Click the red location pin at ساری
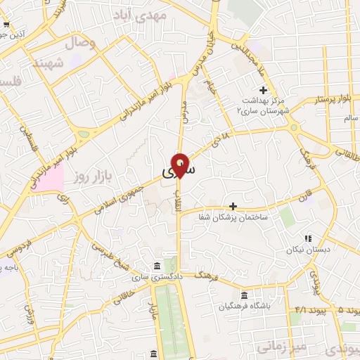click(x=181, y=164)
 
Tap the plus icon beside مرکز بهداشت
click(x=264, y=90)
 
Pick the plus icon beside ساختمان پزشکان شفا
click(x=233, y=206)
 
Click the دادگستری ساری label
click(x=154, y=278)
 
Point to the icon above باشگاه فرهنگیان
click(x=244, y=295)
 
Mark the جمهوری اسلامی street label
click(x=120, y=195)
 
